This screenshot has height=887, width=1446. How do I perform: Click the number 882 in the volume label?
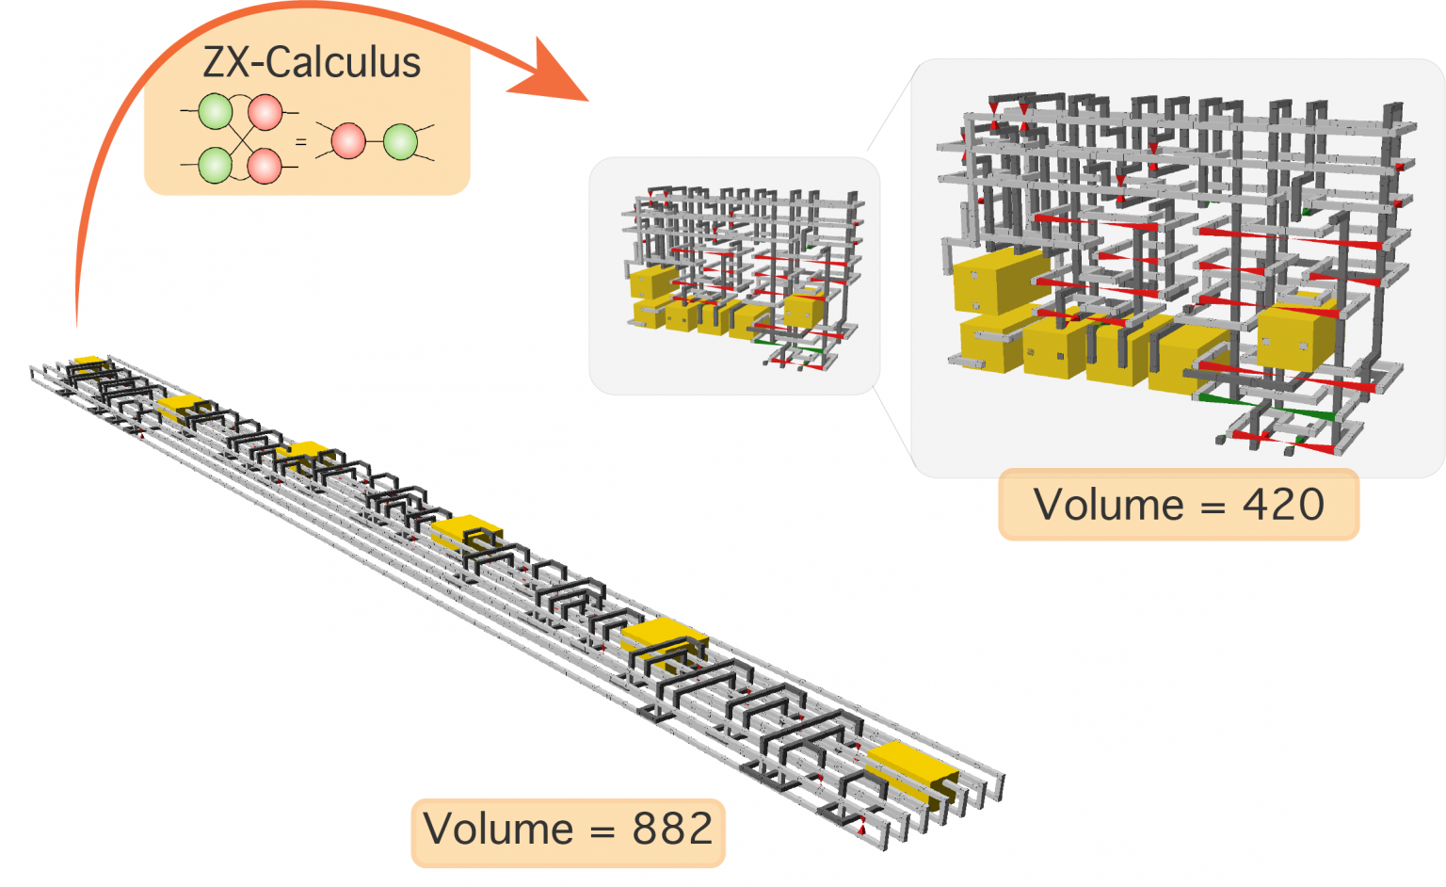pos(672,830)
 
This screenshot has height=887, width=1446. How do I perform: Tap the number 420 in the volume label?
pos(1283,505)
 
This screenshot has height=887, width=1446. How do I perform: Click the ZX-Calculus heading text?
pos(312,63)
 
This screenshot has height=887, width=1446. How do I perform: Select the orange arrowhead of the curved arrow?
pos(551,73)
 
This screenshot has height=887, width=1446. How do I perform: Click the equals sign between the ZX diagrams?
pos(301,142)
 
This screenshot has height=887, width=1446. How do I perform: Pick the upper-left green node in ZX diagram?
pos(216,111)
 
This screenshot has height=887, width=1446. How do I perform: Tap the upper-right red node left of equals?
pos(265,112)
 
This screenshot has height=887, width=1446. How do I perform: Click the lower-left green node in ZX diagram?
pos(216,165)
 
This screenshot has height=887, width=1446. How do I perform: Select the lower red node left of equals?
pos(265,166)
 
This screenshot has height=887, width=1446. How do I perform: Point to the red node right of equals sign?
pos(349,141)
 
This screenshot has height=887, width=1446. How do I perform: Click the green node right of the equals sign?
pos(401,141)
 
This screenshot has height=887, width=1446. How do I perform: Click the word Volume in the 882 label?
pos(498,830)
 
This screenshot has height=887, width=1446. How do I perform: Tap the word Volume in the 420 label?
pos(1108,505)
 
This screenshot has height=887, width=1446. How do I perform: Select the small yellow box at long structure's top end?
pos(89,362)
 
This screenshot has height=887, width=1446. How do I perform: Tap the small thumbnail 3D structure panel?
pos(734,275)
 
